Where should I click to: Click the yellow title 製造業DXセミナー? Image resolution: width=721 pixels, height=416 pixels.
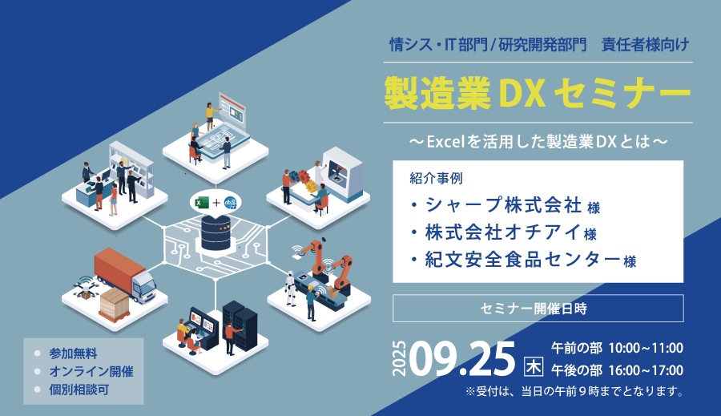point(538,92)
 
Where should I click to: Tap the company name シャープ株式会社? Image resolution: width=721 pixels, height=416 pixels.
point(504,205)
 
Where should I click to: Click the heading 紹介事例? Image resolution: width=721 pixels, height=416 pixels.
point(436,178)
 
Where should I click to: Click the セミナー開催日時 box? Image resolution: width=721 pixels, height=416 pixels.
point(538,309)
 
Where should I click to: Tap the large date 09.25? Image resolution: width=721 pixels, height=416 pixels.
point(461,359)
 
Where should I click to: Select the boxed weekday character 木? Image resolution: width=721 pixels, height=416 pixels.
point(534,367)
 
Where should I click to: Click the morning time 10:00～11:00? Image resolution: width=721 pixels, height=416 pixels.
point(646,349)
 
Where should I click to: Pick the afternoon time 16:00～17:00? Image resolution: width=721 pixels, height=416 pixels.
point(646,370)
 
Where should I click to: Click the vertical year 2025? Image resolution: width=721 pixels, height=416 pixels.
point(400,359)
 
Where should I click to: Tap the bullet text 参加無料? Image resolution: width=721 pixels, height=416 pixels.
point(73,353)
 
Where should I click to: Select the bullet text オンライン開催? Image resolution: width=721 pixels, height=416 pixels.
point(91,371)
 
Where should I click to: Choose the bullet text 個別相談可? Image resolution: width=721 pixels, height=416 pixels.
point(79,390)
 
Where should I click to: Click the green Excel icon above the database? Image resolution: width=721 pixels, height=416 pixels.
point(202,203)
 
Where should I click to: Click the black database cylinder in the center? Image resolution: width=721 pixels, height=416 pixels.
point(215,233)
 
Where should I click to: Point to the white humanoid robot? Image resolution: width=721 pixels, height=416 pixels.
point(290,288)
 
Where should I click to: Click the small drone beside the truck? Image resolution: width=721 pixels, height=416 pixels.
point(84,288)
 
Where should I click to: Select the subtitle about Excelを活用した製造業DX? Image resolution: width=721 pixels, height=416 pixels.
point(538,142)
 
